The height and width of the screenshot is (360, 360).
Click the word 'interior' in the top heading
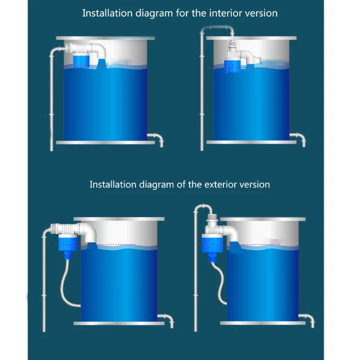225,13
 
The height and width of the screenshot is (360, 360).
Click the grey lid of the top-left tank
105,38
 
